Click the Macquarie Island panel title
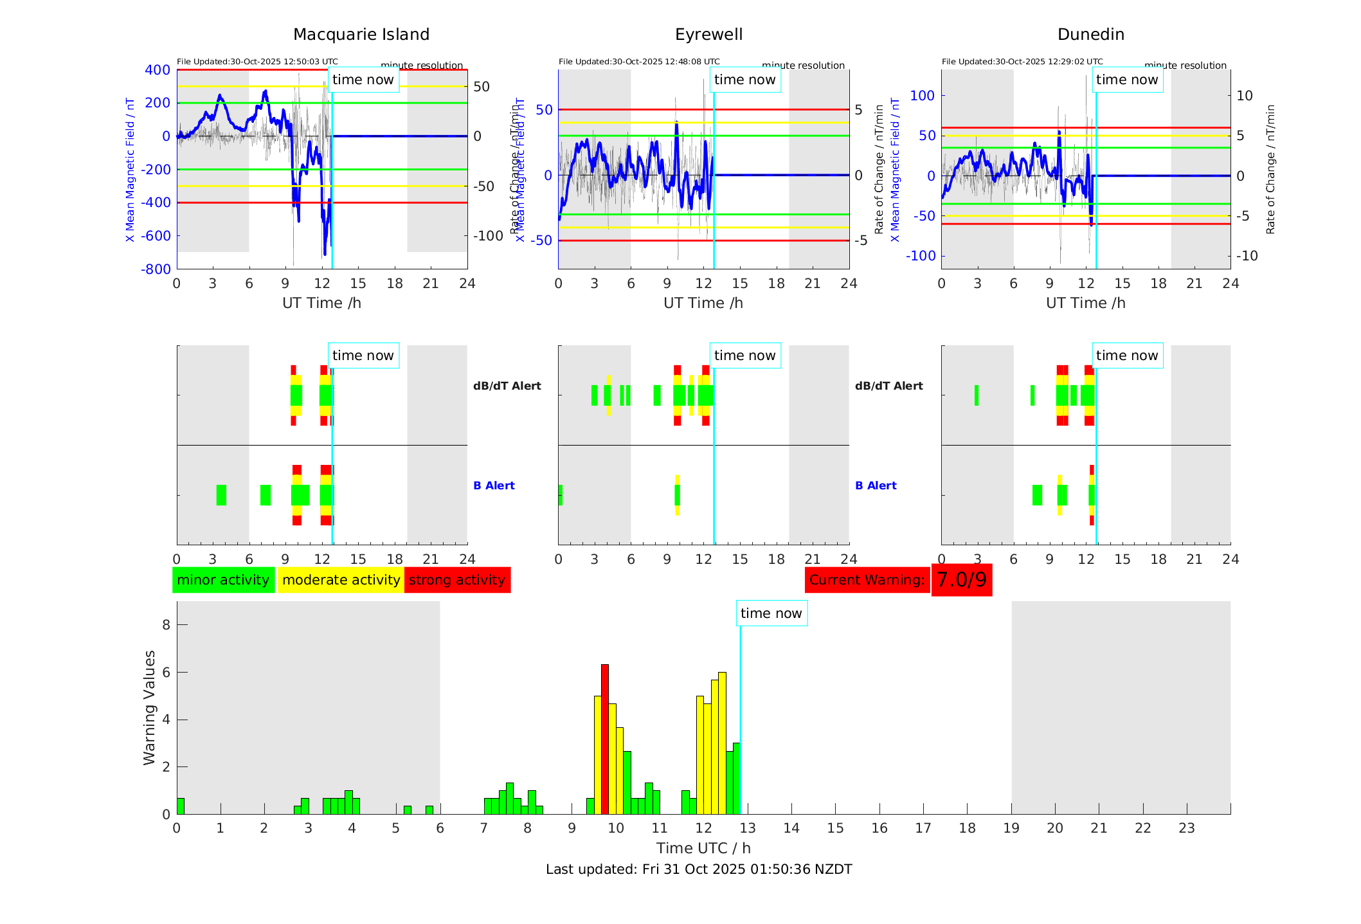click(x=361, y=35)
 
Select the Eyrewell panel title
click(x=708, y=35)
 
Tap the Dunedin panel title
click(x=1090, y=35)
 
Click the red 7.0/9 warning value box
click(x=961, y=580)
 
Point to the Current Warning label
click(x=867, y=580)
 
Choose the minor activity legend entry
click(x=223, y=580)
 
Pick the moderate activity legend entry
click(x=341, y=580)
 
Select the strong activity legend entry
click(x=457, y=580)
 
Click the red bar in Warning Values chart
click(x=605, y=739)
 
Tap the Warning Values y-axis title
click(x=149, y=707)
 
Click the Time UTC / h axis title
click(x=703, y=848)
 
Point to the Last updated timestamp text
click(x=699, y=869)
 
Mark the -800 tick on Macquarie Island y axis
click(x=156, y=269)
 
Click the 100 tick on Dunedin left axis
click(x=923, y=96)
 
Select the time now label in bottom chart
click(x=771, y=613)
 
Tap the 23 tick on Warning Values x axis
click(x=1186, y=828)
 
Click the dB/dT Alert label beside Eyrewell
click(x=888, y=386)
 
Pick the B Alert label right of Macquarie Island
click(x=494, y=485)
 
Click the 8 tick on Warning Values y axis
click(x=167, y=625)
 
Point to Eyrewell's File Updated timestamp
click(x=639, y=62)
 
